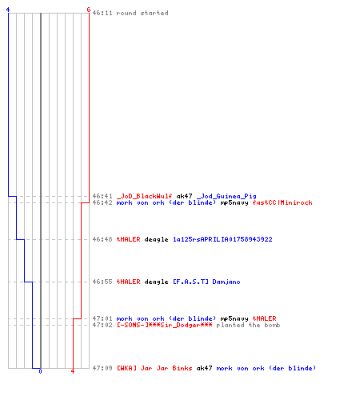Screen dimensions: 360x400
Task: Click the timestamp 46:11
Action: click(x=102, y=13)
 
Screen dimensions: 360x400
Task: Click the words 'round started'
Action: click(x=142, y=13)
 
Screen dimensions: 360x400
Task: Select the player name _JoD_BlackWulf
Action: click(x=144, y=196)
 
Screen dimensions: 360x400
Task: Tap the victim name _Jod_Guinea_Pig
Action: click(x=226, y=196)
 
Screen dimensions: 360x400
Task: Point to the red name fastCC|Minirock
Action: click(x=282, y=202)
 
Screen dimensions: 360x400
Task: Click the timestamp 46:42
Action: click(x=102, y=202)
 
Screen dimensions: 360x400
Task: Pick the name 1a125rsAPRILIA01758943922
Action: click(x=222, y=239)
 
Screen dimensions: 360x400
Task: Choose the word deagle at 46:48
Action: click(x=156, y=239)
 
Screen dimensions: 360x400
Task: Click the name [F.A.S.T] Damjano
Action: click(x=206, y=282)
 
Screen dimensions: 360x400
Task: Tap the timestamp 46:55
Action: click(x=102, y=282)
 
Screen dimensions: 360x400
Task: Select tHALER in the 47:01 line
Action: click(x=264, y=318)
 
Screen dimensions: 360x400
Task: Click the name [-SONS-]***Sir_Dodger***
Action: click(x=165, y=325)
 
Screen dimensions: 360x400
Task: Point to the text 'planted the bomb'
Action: click(x=248, y=325)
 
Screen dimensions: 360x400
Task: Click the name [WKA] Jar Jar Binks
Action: click(x=154, y=368)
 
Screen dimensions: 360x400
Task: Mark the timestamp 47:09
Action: click(x=102, y=368)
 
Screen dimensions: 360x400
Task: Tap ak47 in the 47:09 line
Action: click(x=204, y=368)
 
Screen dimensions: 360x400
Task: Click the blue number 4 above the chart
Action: click(x=8, y=10)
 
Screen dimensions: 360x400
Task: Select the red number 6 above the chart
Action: click(x=89, y=10)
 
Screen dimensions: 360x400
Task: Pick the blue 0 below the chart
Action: click(x=40, y=371)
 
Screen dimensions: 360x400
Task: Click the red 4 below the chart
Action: click(x=73, y=371)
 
